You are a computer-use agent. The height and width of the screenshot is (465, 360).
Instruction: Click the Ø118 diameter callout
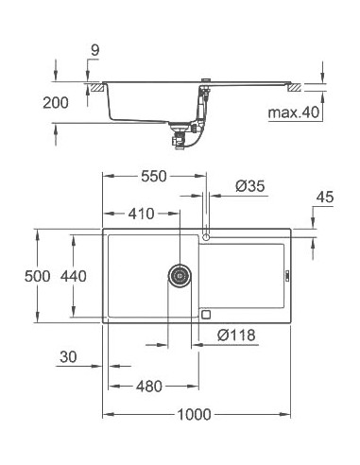tap(236, 334)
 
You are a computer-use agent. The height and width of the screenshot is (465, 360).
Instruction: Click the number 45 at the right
tap(326, 197)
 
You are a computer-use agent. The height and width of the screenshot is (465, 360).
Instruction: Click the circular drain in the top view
tap(179, 276)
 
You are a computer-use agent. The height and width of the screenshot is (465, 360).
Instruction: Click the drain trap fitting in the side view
tap(178, 137)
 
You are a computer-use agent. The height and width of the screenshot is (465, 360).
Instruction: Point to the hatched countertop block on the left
tap(96, 86)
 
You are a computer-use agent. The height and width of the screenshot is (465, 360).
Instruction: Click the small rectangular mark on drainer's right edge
tap(280, 275)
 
